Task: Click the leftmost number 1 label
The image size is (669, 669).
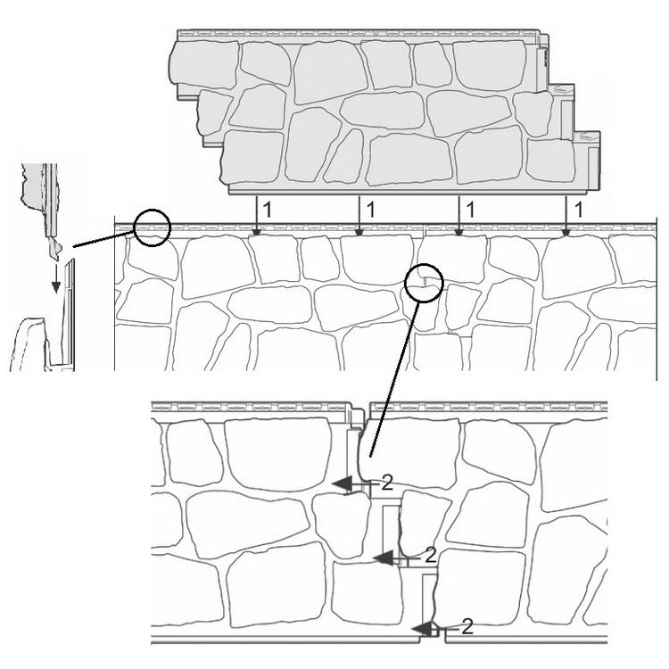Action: pos(267,210)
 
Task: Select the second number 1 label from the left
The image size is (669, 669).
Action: pos(370,210)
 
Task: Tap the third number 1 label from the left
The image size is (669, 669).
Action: pos(470,210)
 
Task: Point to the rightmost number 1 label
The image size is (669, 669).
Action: pos(578,210)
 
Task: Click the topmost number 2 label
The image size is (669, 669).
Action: pos(386,483)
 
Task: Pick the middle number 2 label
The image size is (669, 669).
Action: pos(431,556)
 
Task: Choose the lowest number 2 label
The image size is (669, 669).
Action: pos(467,627)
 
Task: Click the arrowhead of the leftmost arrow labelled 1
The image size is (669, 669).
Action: pos(256,232)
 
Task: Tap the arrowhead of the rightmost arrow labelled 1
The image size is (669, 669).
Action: pos(566,232)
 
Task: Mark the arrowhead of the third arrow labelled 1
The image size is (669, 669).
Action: pos(458,232)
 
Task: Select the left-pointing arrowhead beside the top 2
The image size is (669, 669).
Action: pos(343,484)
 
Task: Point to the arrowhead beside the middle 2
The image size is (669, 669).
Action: pos(383,558)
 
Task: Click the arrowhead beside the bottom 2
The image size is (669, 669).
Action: pos(422,629)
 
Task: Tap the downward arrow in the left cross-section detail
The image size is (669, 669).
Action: pos(55,282)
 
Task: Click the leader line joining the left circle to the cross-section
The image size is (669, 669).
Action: pos(104,237)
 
